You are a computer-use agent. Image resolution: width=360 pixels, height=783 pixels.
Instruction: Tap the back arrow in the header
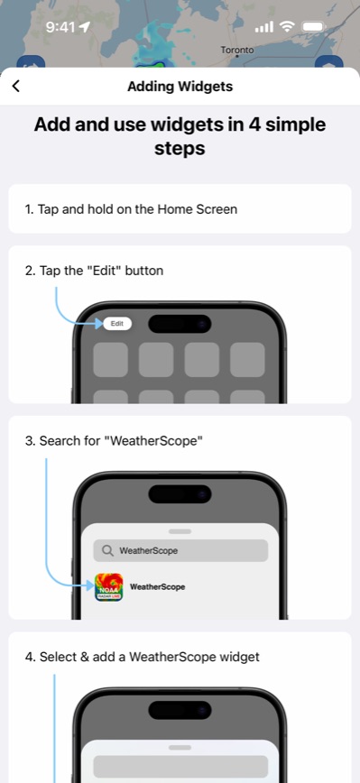(x=16, y=87)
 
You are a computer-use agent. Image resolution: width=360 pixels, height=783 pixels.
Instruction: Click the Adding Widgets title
(x=180, y=87)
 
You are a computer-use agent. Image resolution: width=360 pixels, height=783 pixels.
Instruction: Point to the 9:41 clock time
(x=60, y=27)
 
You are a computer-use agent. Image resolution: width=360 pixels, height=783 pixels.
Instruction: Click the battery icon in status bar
(x=314, y=27)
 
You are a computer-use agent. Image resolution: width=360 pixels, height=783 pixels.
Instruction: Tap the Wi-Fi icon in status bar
(x=287, y=27)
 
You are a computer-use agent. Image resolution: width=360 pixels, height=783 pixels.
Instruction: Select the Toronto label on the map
(x=237, y=51)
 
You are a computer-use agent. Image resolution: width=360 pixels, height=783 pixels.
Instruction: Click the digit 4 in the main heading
(x=235, y=124)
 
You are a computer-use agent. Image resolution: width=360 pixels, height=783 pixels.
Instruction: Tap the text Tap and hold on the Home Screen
(x=132, y=209)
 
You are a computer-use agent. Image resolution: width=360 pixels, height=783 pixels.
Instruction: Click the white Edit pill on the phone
(x=117, y=323)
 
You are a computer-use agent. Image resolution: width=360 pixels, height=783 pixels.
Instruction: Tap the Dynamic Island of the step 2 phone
(x=180, y=323)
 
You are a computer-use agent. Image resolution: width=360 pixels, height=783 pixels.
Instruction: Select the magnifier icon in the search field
(x=107, y=550)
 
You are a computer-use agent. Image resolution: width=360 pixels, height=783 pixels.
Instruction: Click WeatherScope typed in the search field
(x=149, y=550)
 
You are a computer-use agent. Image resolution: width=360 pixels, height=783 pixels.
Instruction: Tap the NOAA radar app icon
(x=109, y=587)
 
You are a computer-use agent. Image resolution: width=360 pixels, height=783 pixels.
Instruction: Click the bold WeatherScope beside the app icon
(x=158, y=586)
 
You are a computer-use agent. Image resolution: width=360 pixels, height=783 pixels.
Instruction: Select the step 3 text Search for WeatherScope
(x=115, y=441)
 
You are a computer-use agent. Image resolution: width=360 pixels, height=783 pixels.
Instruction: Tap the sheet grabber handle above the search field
(x=180, y=531)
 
